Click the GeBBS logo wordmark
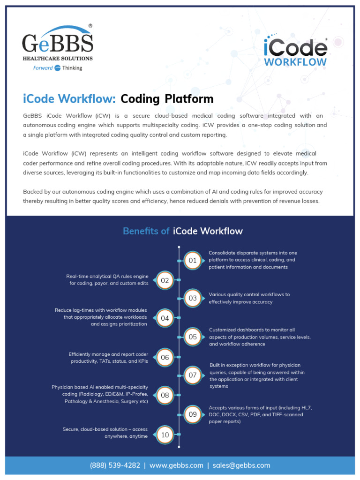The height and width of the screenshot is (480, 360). (57, 43)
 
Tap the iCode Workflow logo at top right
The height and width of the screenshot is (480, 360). (295, 53)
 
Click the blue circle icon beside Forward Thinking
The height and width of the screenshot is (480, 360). (58, 68)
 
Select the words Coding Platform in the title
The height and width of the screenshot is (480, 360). (167, 99)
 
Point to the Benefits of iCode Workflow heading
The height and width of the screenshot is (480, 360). (182, 231)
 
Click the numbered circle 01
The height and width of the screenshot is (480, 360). (193, 260)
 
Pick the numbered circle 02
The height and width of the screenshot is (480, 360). (165, 281)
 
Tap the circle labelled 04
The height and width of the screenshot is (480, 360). (165, 318)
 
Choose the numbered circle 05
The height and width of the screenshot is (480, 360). (193, 337)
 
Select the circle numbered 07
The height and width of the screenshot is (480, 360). (193, 375)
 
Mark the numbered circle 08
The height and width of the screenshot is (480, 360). (165, 395)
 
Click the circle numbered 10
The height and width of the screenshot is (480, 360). (165, 435)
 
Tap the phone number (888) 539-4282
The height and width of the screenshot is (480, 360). (115, 465)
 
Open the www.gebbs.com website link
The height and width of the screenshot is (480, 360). (176, 465)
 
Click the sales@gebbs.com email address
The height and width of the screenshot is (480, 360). (241, 465)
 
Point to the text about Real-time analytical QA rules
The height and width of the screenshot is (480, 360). (108, 280)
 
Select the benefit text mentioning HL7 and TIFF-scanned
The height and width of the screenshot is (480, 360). (260, 415)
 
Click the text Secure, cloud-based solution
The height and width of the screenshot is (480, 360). (105, 433)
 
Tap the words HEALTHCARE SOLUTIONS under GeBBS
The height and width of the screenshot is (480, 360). (58, 59)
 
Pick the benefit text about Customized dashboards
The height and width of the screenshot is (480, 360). (260, 337)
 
